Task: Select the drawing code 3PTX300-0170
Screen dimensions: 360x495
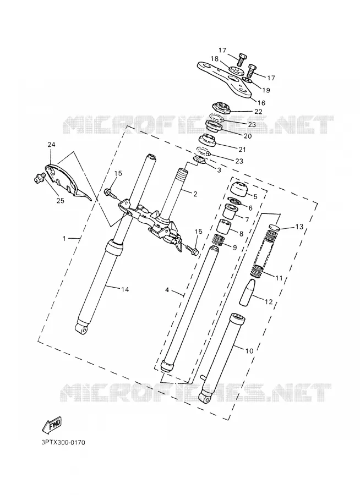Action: coord(63,442)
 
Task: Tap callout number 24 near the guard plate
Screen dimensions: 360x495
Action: coord(51,145)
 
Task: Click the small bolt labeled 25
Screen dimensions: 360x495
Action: coord(38,178)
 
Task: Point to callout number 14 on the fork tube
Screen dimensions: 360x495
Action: coord(125,289)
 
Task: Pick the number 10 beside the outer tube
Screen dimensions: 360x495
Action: coord(249,351)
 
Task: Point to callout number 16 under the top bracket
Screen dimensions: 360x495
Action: coord(261,103)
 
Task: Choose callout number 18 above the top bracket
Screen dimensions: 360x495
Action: coord(223,59)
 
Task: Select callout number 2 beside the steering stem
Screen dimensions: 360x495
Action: coord(195,194)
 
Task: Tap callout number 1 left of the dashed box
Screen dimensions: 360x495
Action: coord(64,239)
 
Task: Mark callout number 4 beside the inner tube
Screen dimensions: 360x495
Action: coord(167,290)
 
